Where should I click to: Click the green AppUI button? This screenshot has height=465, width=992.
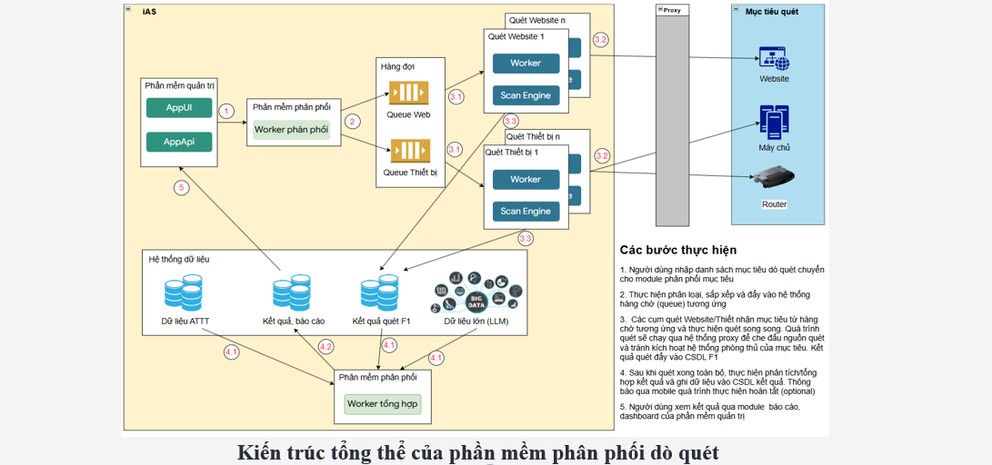click(179, 108)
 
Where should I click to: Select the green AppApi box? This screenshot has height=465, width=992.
click(179, 142)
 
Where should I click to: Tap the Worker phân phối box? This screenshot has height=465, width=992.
click(291, 130)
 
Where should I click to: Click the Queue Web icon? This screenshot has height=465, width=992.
click(408, 94)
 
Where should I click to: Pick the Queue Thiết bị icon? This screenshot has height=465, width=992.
click(408, 151)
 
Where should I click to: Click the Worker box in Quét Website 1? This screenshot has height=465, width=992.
click(526, 64)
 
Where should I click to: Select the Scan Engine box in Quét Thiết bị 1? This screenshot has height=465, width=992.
click(526, 212)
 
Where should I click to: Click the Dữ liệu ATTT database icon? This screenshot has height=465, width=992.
click(185, 294)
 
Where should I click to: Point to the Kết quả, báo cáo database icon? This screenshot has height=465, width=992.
click(293, 294)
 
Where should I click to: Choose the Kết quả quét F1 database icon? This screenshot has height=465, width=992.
click(380, 294)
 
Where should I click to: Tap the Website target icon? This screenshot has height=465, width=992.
click(774, 59)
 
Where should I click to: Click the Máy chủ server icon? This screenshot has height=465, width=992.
click(774, 122)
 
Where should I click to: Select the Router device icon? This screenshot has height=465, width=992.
click(774, 179)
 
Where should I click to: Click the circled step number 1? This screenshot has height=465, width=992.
click(226, 111)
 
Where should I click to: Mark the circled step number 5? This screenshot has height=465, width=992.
click(182, 188)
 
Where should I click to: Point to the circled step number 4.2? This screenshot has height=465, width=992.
click(326, 346)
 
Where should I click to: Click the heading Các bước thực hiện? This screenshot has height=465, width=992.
click(677, 250)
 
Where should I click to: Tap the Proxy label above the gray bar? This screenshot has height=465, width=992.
click(671, 10)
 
